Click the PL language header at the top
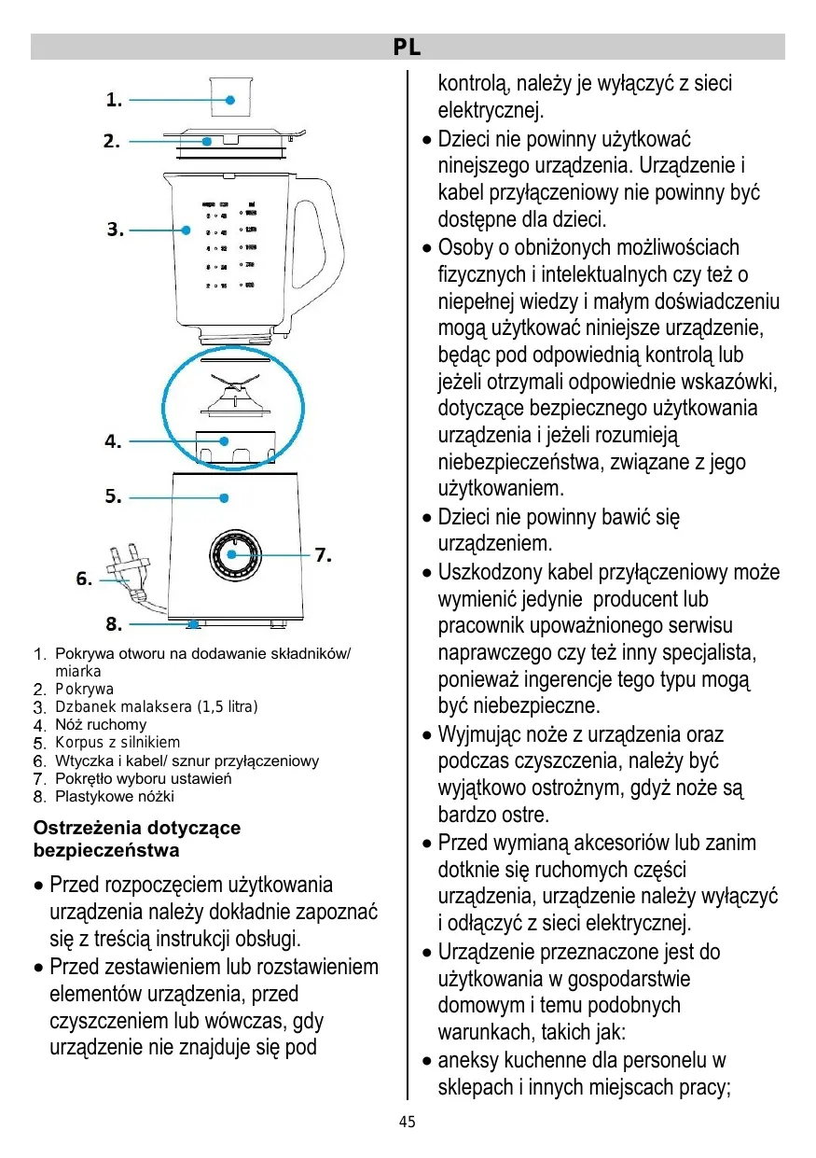point(408,47)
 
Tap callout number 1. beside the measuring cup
point(114,99)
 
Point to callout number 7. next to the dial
point(323,555)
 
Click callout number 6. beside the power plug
point(84,579)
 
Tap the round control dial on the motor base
point(235,557)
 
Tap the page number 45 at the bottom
point(408,1123)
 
